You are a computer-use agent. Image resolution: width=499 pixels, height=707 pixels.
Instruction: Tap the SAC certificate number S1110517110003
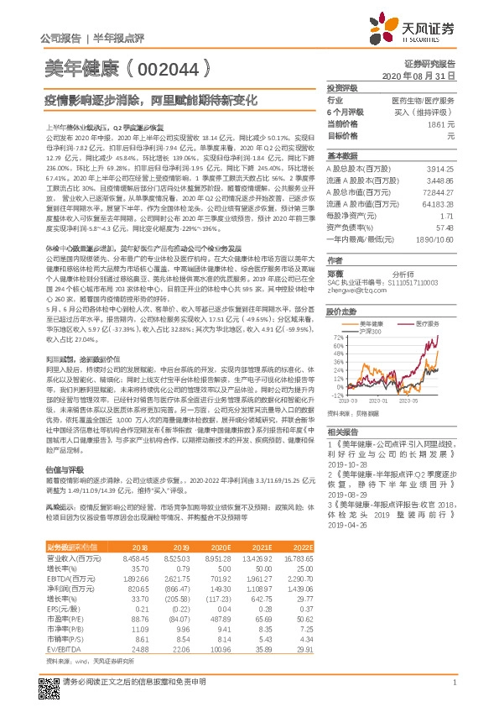coord(382,282)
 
